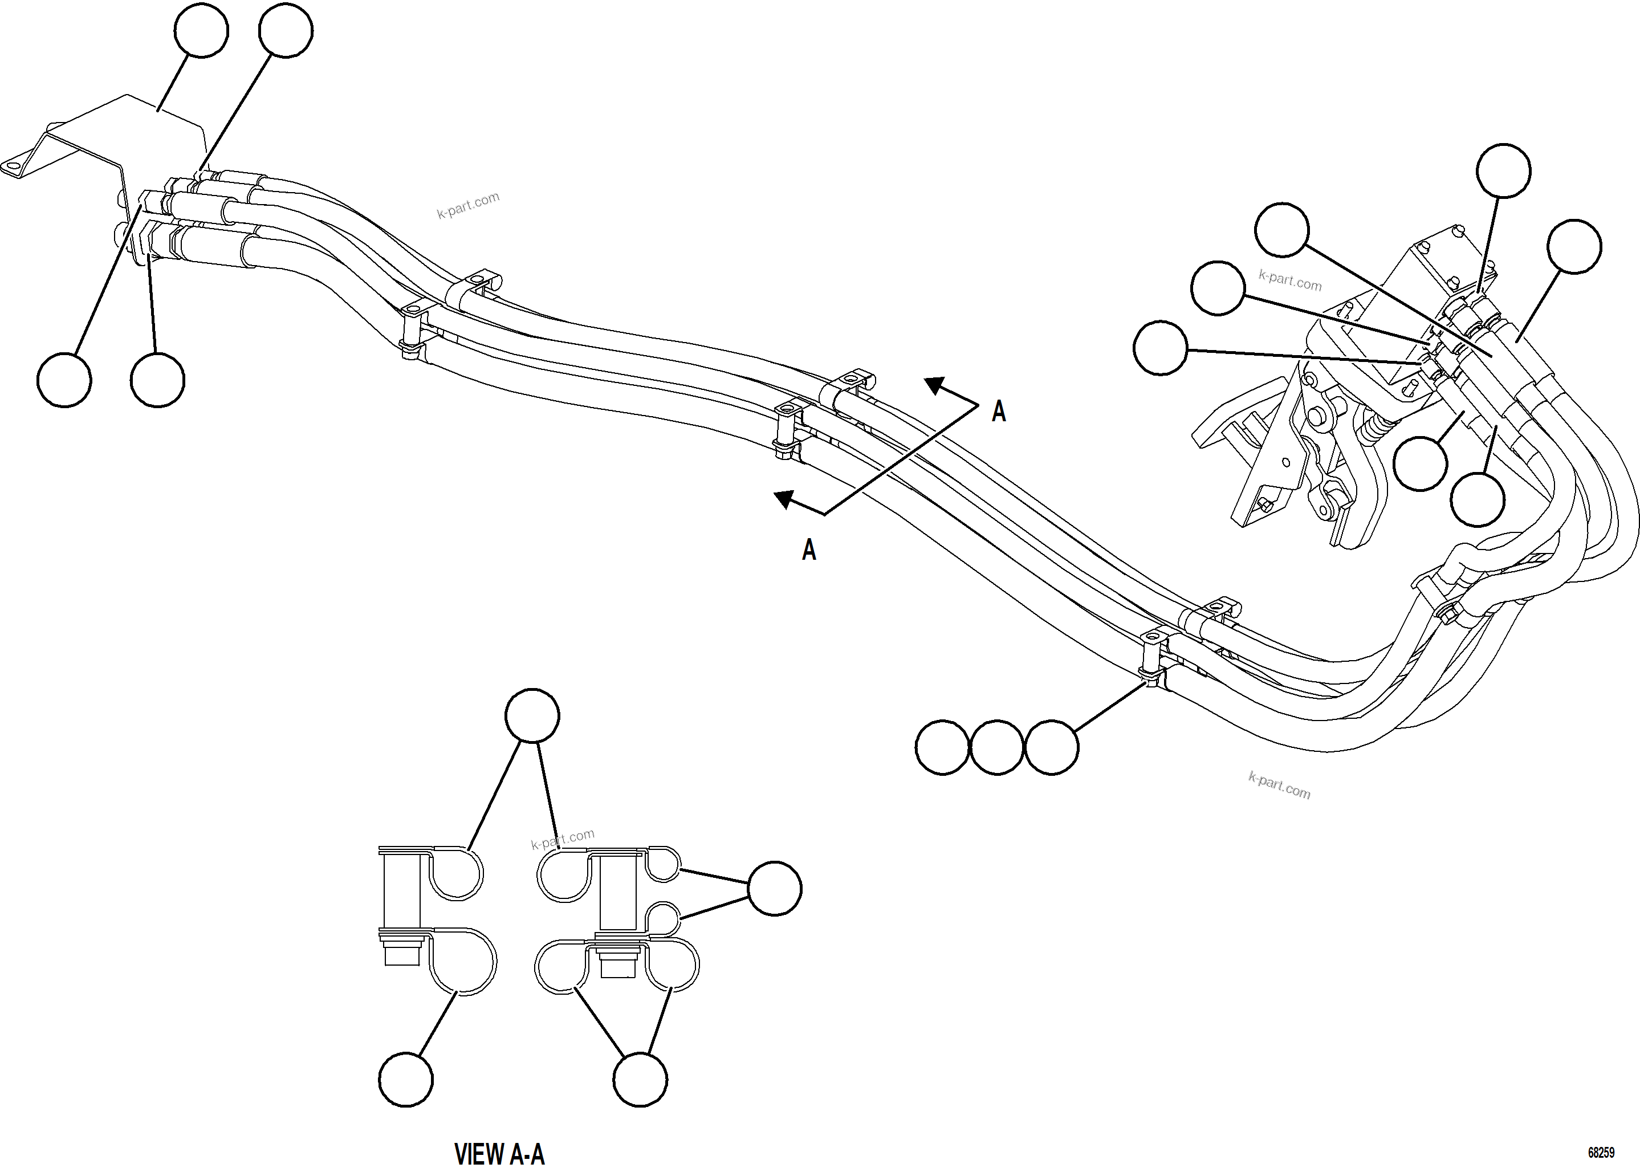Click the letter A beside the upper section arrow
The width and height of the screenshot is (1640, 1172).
coord(999,412)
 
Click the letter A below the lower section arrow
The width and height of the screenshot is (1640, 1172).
coord(809,550)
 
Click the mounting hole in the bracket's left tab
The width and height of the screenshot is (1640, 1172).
coord(11,168)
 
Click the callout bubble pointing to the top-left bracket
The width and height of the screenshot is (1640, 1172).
coord(201,30)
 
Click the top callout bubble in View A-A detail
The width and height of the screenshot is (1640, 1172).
coord(532,715)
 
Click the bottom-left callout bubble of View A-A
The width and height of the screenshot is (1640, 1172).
coord(405,1079)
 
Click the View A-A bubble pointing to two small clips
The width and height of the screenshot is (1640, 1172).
coord(775,888)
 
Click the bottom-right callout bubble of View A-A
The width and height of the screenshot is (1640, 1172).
coord(640,1079)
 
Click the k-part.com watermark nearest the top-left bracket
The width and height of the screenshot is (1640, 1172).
coord(468,206)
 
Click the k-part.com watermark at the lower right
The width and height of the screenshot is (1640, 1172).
coord(1279,785)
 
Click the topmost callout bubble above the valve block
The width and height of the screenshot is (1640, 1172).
coord(1504,171)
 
